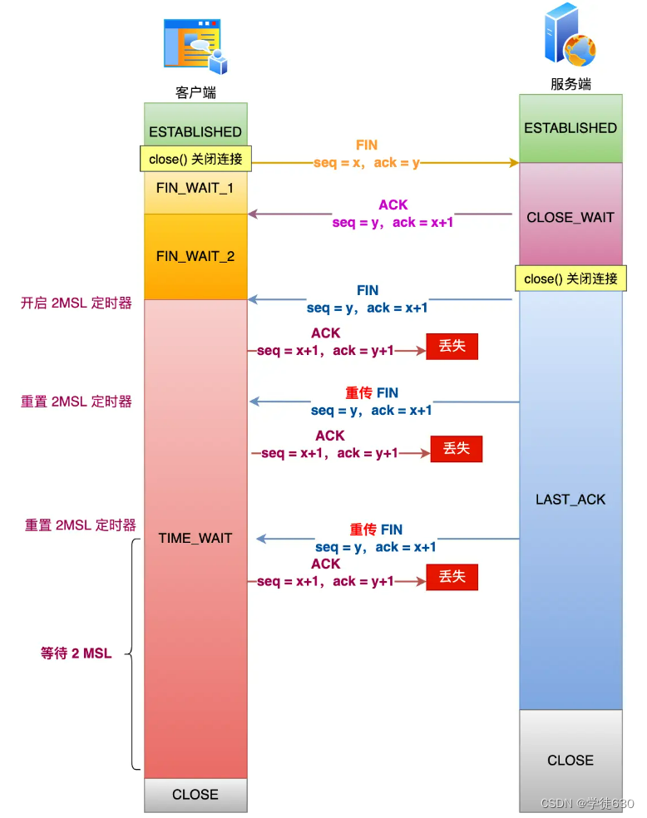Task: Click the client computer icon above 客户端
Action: click(x=195, y=47)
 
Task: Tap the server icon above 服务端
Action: click(x=570, y=37)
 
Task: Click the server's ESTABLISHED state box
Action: click(x=570, y=128)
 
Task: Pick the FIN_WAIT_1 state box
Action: click(x=195, y=189)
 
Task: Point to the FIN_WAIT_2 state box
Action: click(x=195, y=256)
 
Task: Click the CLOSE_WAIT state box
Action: click(x=570, y=217)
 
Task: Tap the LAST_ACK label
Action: click(x=570, y=500)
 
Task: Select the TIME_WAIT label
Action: click(x=195, y=539)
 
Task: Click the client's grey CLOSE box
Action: click(x=195, y=795)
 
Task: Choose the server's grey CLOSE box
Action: click(x=570, y=760)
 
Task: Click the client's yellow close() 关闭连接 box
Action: click(x=195, y=159)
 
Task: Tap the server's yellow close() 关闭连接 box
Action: click(x=570, y=278)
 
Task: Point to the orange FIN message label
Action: click(x=367, y=145)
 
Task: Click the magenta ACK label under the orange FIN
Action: click(x=393, y=205)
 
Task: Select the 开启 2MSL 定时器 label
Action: click(x=77, y=303)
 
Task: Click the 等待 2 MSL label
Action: click(x=76, y=654)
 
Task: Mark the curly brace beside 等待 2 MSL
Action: click(x=133, y=654)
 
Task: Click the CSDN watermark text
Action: click(x=587, y=804)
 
